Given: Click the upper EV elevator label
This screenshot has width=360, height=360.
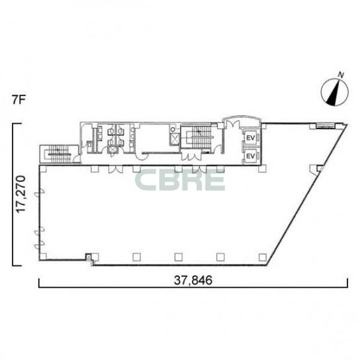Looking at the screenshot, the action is point(251,138).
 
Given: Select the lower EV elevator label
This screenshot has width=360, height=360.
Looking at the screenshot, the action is point(251,156).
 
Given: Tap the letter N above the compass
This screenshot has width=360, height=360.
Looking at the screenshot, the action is point(341,75).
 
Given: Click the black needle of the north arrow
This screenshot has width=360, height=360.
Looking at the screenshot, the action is point(334,93).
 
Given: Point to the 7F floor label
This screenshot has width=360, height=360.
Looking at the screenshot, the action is point(19,100).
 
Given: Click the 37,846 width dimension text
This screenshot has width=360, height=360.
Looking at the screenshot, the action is point(193,281).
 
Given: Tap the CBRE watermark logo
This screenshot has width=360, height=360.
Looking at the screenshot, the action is point(180,180).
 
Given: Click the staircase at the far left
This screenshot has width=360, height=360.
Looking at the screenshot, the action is point(59,154).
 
